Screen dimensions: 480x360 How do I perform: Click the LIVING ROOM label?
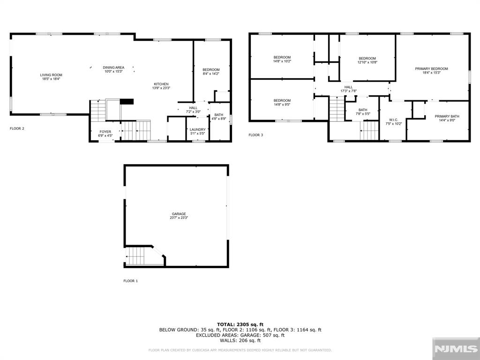(51, 75)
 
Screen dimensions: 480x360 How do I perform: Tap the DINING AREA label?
(113, 67)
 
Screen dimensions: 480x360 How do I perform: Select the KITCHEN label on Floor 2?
(161, 84)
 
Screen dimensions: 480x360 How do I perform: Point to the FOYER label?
(105, 132)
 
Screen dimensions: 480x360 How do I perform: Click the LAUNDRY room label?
(197, 129)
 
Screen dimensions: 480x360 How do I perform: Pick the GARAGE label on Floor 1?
(179, 214)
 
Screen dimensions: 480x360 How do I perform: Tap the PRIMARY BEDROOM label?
(431, 69)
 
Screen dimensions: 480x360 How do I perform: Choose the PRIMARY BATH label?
(447, 116)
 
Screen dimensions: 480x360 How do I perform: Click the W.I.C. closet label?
(394, 120)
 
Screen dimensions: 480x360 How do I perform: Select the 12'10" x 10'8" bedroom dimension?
(367, 62)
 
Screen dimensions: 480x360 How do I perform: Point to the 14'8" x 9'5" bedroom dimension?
(282, 105)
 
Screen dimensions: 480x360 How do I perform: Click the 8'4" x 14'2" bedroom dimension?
(211, 74)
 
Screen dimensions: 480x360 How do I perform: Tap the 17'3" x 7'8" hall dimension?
(349, 91)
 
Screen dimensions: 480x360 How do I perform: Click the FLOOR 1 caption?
(131, 281)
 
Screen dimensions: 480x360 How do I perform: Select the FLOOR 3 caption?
(255, 135)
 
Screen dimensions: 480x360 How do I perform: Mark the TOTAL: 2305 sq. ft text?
(240, 324)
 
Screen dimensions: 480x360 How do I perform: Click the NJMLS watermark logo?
(456, 349)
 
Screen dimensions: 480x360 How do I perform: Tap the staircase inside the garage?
(135, 256)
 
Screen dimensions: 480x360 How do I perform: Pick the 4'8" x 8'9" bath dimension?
(219, 119)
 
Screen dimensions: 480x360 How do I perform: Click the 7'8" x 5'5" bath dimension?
(363, 113)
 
